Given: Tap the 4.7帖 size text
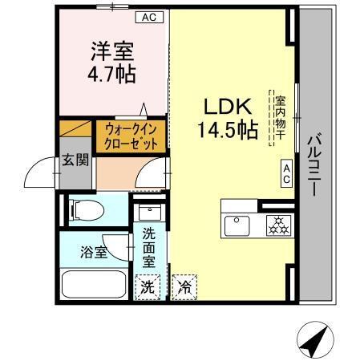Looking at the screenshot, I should (x=112, y=75).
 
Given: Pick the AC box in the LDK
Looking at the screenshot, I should (x=285, y=173).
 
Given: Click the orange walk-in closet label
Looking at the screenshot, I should (x=131, y=136).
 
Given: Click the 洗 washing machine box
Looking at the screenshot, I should (x=148, y=286).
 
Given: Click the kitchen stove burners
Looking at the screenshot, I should (x=278, y=225).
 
